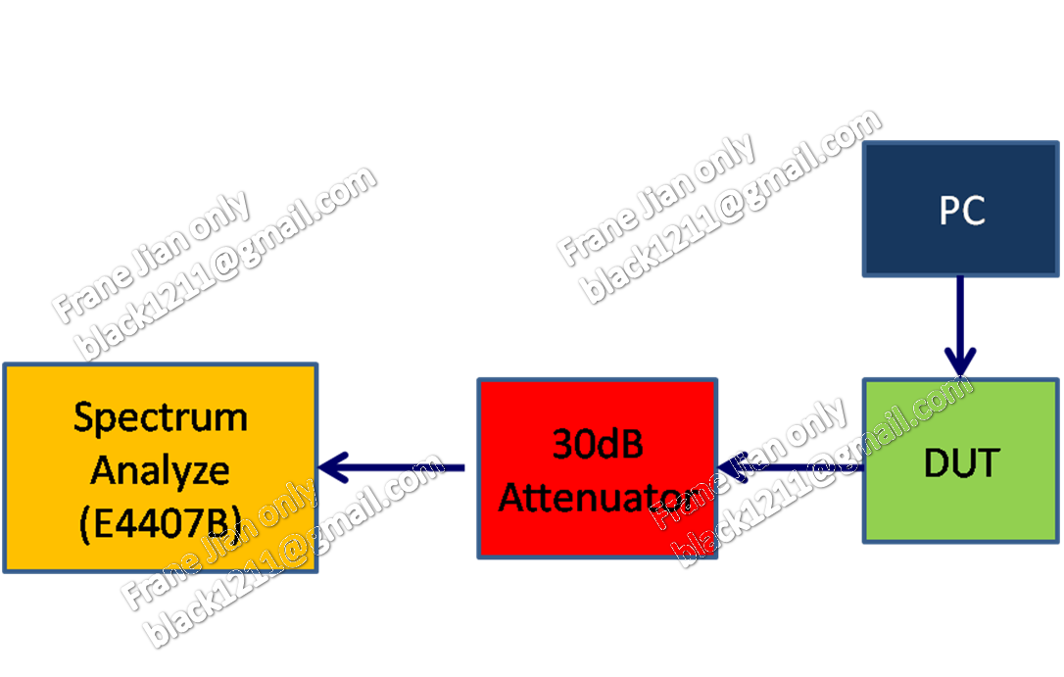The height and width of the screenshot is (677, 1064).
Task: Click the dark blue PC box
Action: point(961,211)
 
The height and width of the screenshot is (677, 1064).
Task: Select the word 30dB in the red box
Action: point(598,444)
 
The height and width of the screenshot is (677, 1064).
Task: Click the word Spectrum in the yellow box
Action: point(161,417)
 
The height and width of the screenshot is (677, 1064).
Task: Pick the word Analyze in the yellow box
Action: point(161,469)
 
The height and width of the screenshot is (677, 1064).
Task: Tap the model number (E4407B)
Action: point(161,522)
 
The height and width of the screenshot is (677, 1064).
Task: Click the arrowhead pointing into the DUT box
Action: point(960,364)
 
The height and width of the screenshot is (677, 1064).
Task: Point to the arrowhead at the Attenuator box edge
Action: point(727,467)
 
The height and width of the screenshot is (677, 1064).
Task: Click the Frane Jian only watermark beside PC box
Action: point(655,200)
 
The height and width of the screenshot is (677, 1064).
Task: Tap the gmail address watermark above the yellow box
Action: point(225,265)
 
